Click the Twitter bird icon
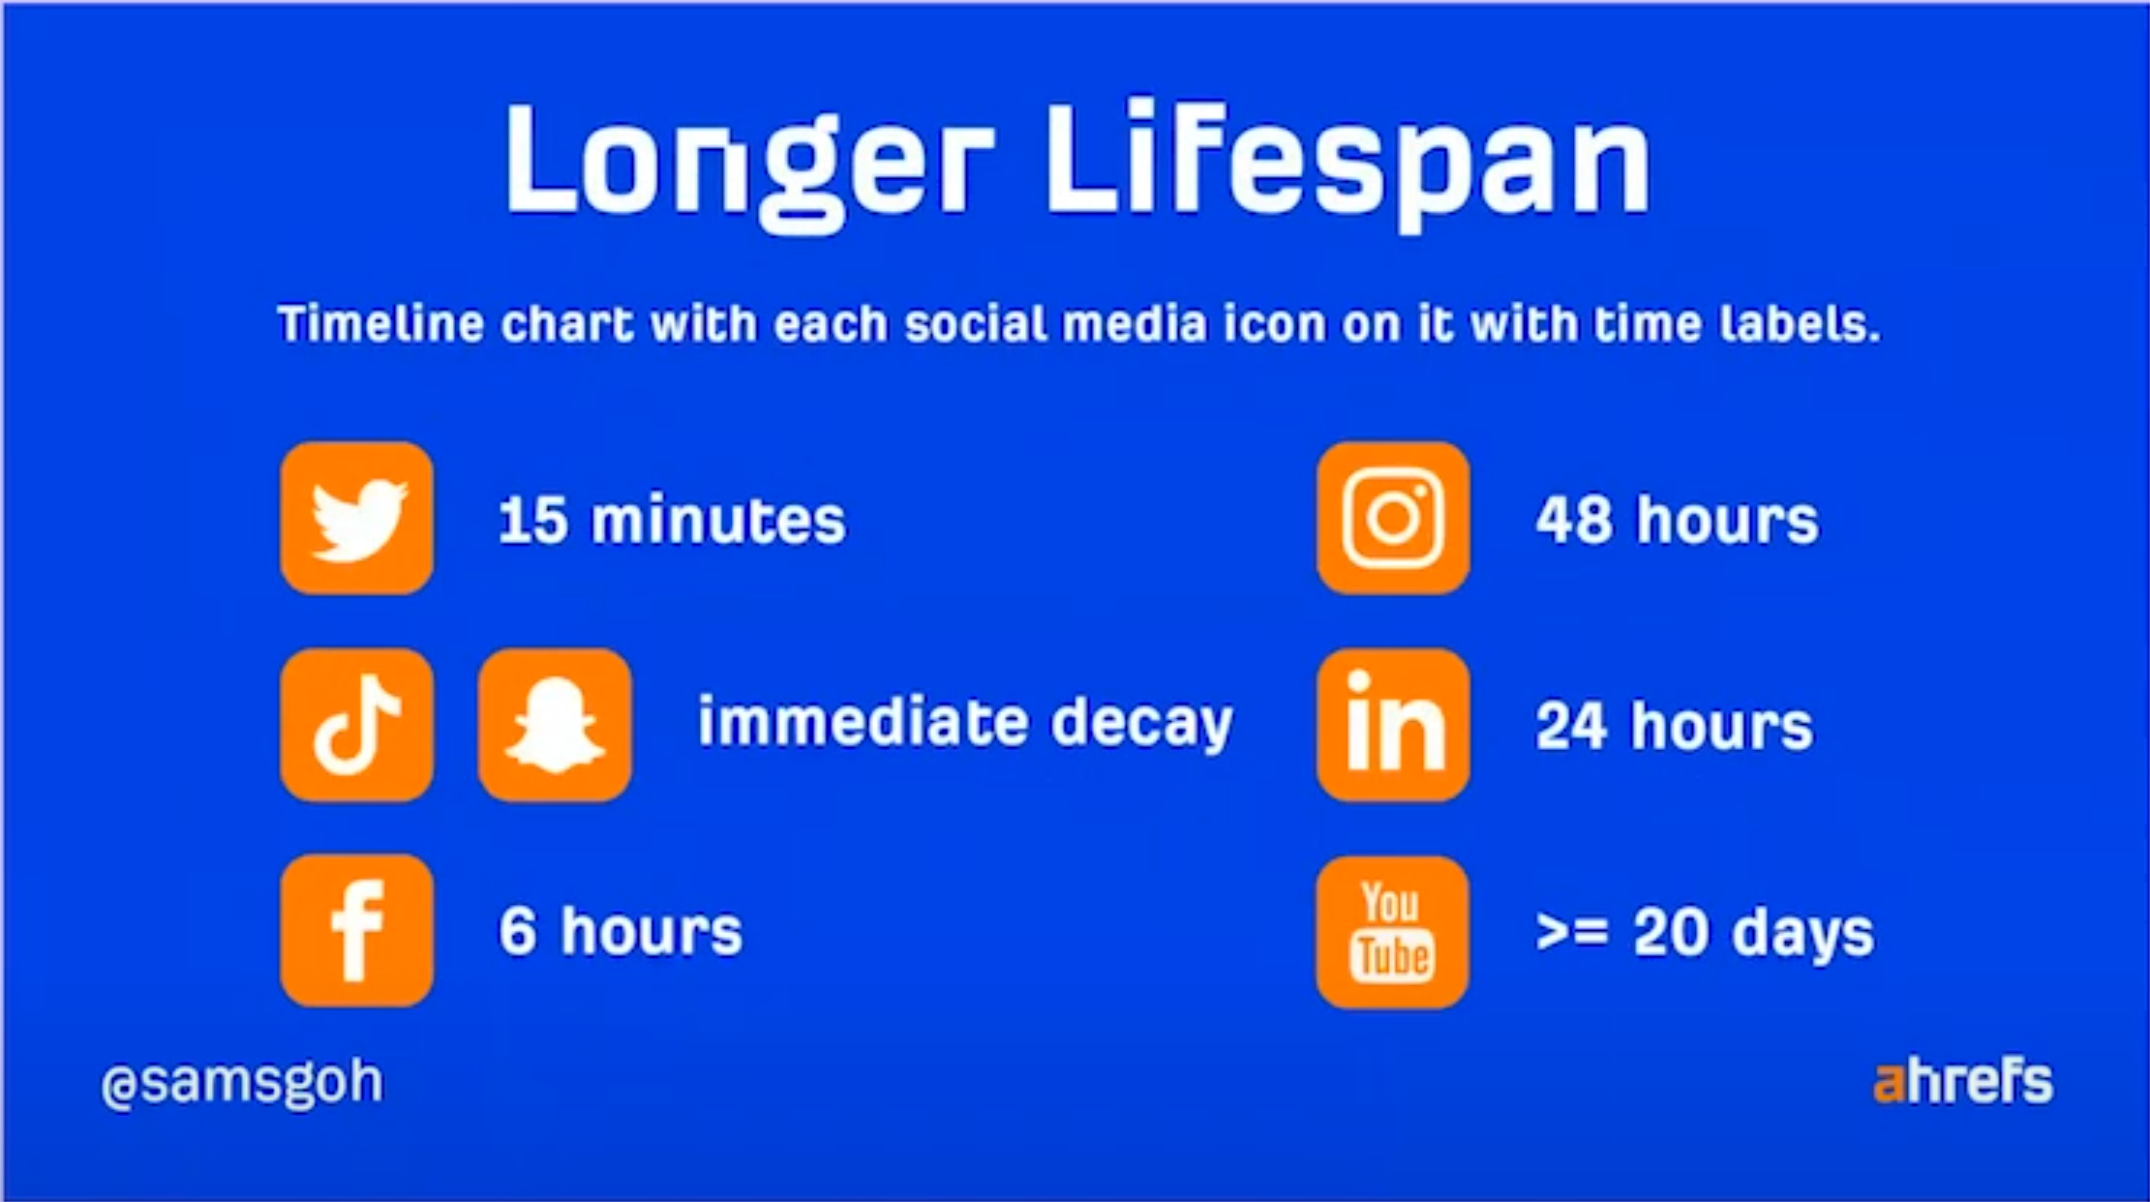click(357, 519)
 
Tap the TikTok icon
click(357, 725)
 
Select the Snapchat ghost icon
click(555, 725)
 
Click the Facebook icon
click(357, 931)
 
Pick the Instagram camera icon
click(1393, 519)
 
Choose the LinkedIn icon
click(1393, 725)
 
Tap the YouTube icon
click(1393, 932)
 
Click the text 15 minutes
click(672, 520)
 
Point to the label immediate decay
click(965, 723)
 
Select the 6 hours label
click(621, 931)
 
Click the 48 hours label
click(1677, 520)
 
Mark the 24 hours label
click(1674, 726)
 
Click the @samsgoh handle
click(242, 1082)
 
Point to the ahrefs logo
click(1963, 1082)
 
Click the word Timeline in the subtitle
click(380, 323)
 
